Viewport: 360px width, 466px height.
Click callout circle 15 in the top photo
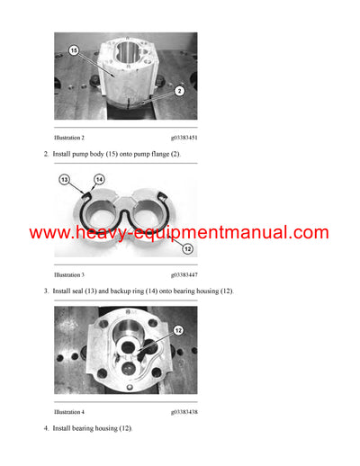(x=74, y=50)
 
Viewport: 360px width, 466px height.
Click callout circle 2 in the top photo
(x=179, y=91)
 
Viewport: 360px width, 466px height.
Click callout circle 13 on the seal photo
(x=64, y=180)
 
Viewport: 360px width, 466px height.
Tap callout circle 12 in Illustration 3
(x=187, y=249)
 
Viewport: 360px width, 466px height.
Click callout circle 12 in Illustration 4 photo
(x=176, y=330)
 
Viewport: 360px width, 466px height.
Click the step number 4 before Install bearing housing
(x=46, y=428)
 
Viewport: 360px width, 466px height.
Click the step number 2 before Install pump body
(x=46, y=155)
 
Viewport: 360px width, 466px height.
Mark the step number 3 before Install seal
(x=46, y=291)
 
